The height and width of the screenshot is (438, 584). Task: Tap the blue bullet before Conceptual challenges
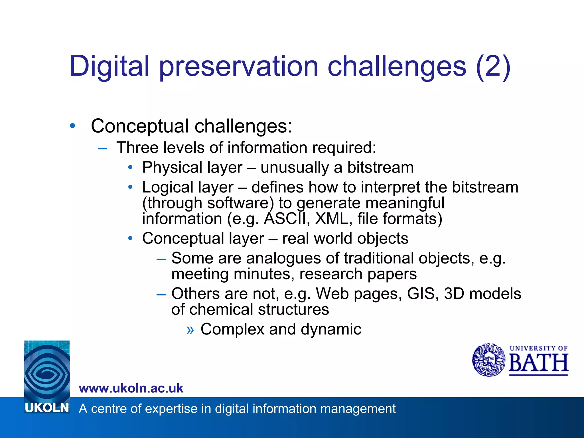click(x=72, y=125)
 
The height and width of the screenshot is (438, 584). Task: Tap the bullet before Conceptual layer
click(x=130, y=238)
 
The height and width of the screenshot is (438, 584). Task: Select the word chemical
click(x=221, y=309)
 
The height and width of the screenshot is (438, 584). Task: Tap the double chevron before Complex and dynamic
click(x=190, y=330)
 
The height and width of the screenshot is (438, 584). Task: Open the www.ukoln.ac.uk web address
click(x=131, y=388)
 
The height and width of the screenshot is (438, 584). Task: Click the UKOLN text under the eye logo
click(x=47, y=408)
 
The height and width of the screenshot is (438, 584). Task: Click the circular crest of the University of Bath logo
click(x=488, y=360)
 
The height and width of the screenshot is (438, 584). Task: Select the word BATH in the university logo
click(x=538, y=363)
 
